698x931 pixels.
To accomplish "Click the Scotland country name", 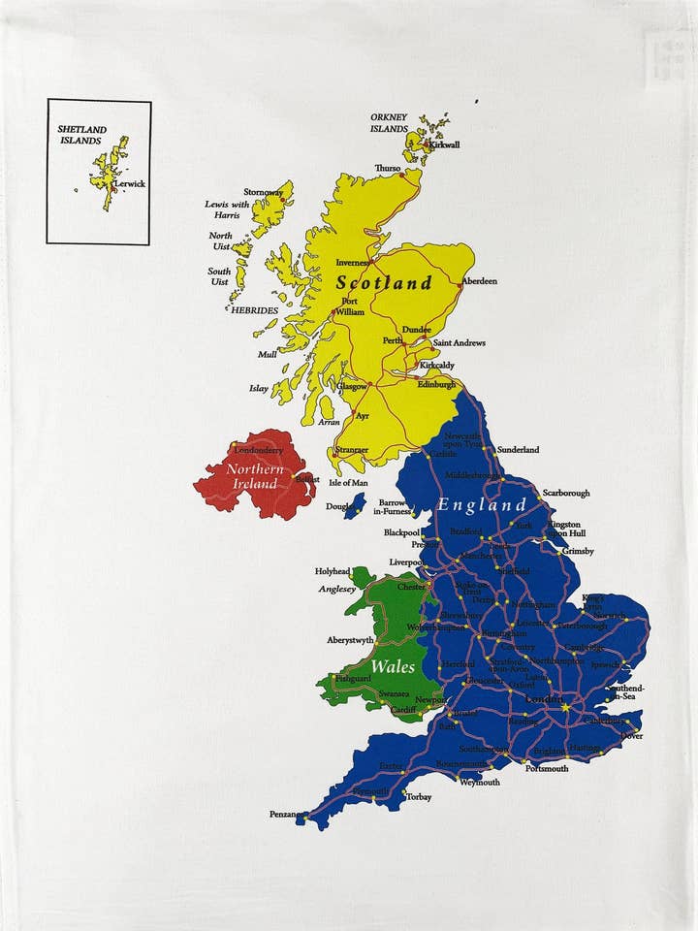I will [384, 283].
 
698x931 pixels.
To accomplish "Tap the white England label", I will [481, 505].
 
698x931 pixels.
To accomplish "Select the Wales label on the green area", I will [393, 667].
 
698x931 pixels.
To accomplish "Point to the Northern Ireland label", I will [255, 476].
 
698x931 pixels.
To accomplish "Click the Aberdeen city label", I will [479, 281].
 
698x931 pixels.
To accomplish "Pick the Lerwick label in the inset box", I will [129, 183].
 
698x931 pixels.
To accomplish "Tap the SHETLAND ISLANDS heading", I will [79, 134].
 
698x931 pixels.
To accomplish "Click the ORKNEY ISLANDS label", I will [389, 123].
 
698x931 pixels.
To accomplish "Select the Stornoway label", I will [263, 192].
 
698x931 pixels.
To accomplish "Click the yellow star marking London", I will [565, 708].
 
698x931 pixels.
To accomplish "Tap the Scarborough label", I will [565, 493].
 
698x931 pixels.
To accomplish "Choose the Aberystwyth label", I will [350, 641].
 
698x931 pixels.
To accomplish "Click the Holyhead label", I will [333, 572].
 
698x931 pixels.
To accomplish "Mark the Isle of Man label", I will [348, 483].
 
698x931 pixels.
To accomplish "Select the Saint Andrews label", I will [459, 343].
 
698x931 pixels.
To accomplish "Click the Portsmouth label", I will [547, 768].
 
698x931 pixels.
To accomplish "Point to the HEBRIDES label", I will [254, 310].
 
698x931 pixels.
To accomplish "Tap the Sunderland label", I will [518, 450].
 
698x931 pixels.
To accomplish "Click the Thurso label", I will [388, 168].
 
